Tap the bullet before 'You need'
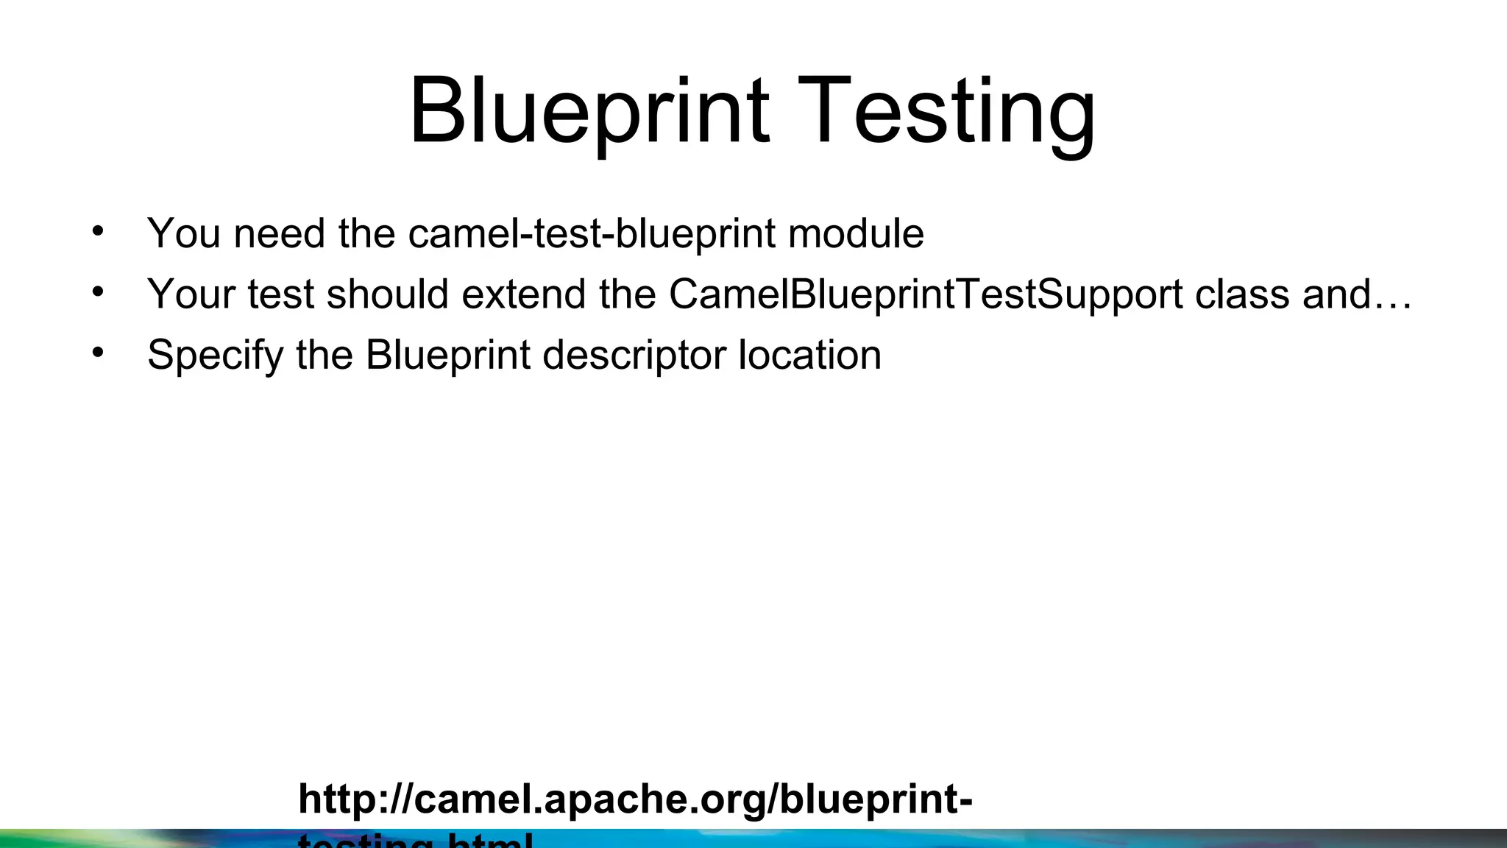tap(98, 232)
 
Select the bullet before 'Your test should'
tap(98, 292)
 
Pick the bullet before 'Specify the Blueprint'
tap(98, 353)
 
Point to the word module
tap(855, 234)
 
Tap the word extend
tap(523, 294)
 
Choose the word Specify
tap(215, 356)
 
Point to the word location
tap(809, 356)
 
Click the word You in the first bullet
tap(184, 234)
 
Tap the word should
tap(387, 294)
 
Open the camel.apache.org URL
tap(634, 800)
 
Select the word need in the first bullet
tap(279, 234)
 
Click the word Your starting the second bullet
tap(191, 294)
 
